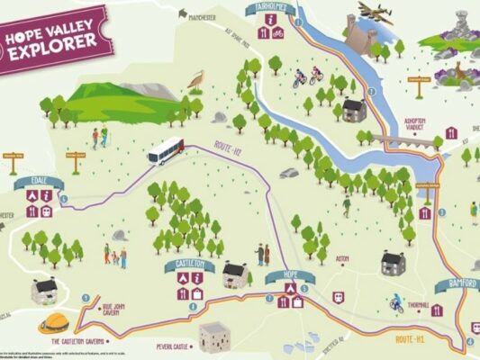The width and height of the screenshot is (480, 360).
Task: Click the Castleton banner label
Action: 189,265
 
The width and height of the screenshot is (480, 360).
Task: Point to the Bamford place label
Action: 457,284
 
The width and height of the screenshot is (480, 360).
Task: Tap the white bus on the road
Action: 166,151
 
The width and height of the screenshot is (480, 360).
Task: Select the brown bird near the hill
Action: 195,79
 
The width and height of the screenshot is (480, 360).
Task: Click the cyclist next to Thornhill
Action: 394,303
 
